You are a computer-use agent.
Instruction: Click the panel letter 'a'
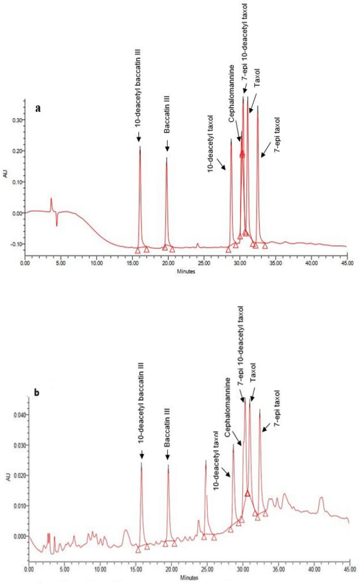point(38,108)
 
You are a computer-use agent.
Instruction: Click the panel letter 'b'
point(37,392)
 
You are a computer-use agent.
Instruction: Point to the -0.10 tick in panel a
point(16,244)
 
